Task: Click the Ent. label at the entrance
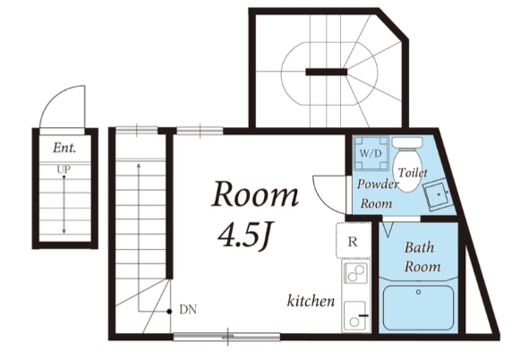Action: point(64,148)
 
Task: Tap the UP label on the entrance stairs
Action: point(64,169)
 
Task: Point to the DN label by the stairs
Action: point(188,309)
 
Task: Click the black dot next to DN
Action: point(169,312)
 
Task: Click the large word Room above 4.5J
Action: point(255,194)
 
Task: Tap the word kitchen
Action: point(311,301)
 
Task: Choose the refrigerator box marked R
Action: point(354,240)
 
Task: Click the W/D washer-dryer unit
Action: point(371,153)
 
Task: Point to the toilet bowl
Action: point(407,170)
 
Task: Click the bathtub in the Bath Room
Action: point(418,308)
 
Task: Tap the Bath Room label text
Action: point(422,257)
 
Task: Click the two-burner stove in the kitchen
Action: point(355,273)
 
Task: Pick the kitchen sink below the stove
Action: point(355,315)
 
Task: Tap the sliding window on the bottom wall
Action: point(226,337)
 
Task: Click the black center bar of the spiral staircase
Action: point(326,72)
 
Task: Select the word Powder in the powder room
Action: point(378,184)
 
